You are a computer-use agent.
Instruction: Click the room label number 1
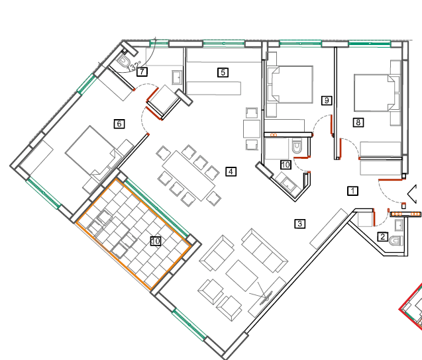point(352,191)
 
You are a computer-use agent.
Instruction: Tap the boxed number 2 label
point(383,237)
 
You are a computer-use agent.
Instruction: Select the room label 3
point(300,224)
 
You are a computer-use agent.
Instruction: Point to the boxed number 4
point(231,171)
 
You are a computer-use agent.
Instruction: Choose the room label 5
point(223,72)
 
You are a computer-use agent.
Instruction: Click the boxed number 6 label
point(119,124)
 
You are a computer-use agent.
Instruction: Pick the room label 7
point(142,71)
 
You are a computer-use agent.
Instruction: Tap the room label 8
point(358,122)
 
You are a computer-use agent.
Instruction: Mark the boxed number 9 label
point(327,101)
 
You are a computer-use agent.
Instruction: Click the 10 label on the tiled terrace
point(156,241)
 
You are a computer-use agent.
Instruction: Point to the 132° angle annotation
point(134,66)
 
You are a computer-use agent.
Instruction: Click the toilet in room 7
point(123,62)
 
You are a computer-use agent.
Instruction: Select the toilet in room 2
point(396,241)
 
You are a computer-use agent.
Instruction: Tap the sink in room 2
point(399,225)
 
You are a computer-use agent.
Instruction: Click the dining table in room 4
point(189,176)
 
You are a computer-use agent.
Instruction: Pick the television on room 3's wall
point(266,298)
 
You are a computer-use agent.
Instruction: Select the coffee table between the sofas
point(242,275)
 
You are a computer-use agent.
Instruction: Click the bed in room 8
point(374,93)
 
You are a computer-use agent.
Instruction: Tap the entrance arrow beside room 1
point(412,194)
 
